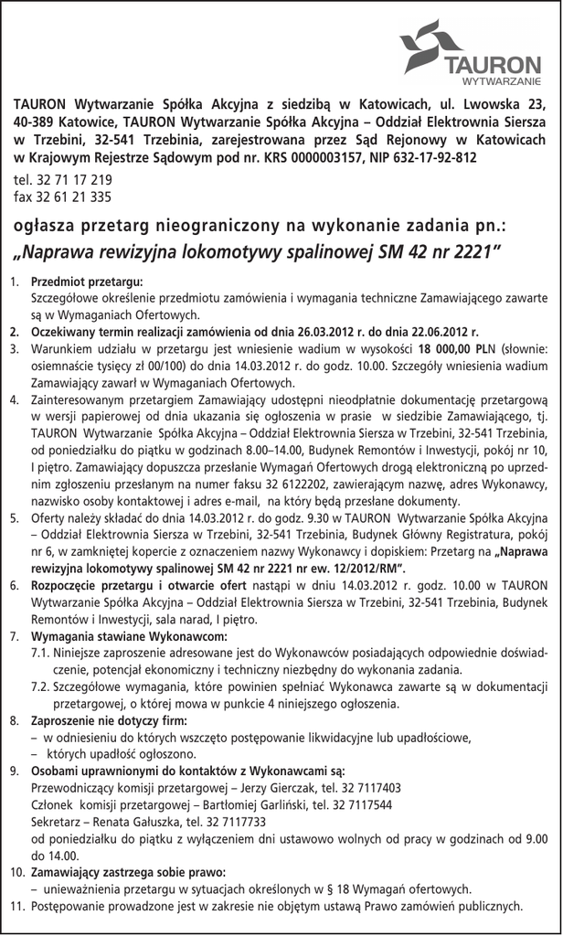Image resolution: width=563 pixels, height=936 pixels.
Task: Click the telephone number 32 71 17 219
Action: pos(73,180)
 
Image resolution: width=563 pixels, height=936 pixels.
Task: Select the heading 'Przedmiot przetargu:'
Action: pos(87,282)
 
